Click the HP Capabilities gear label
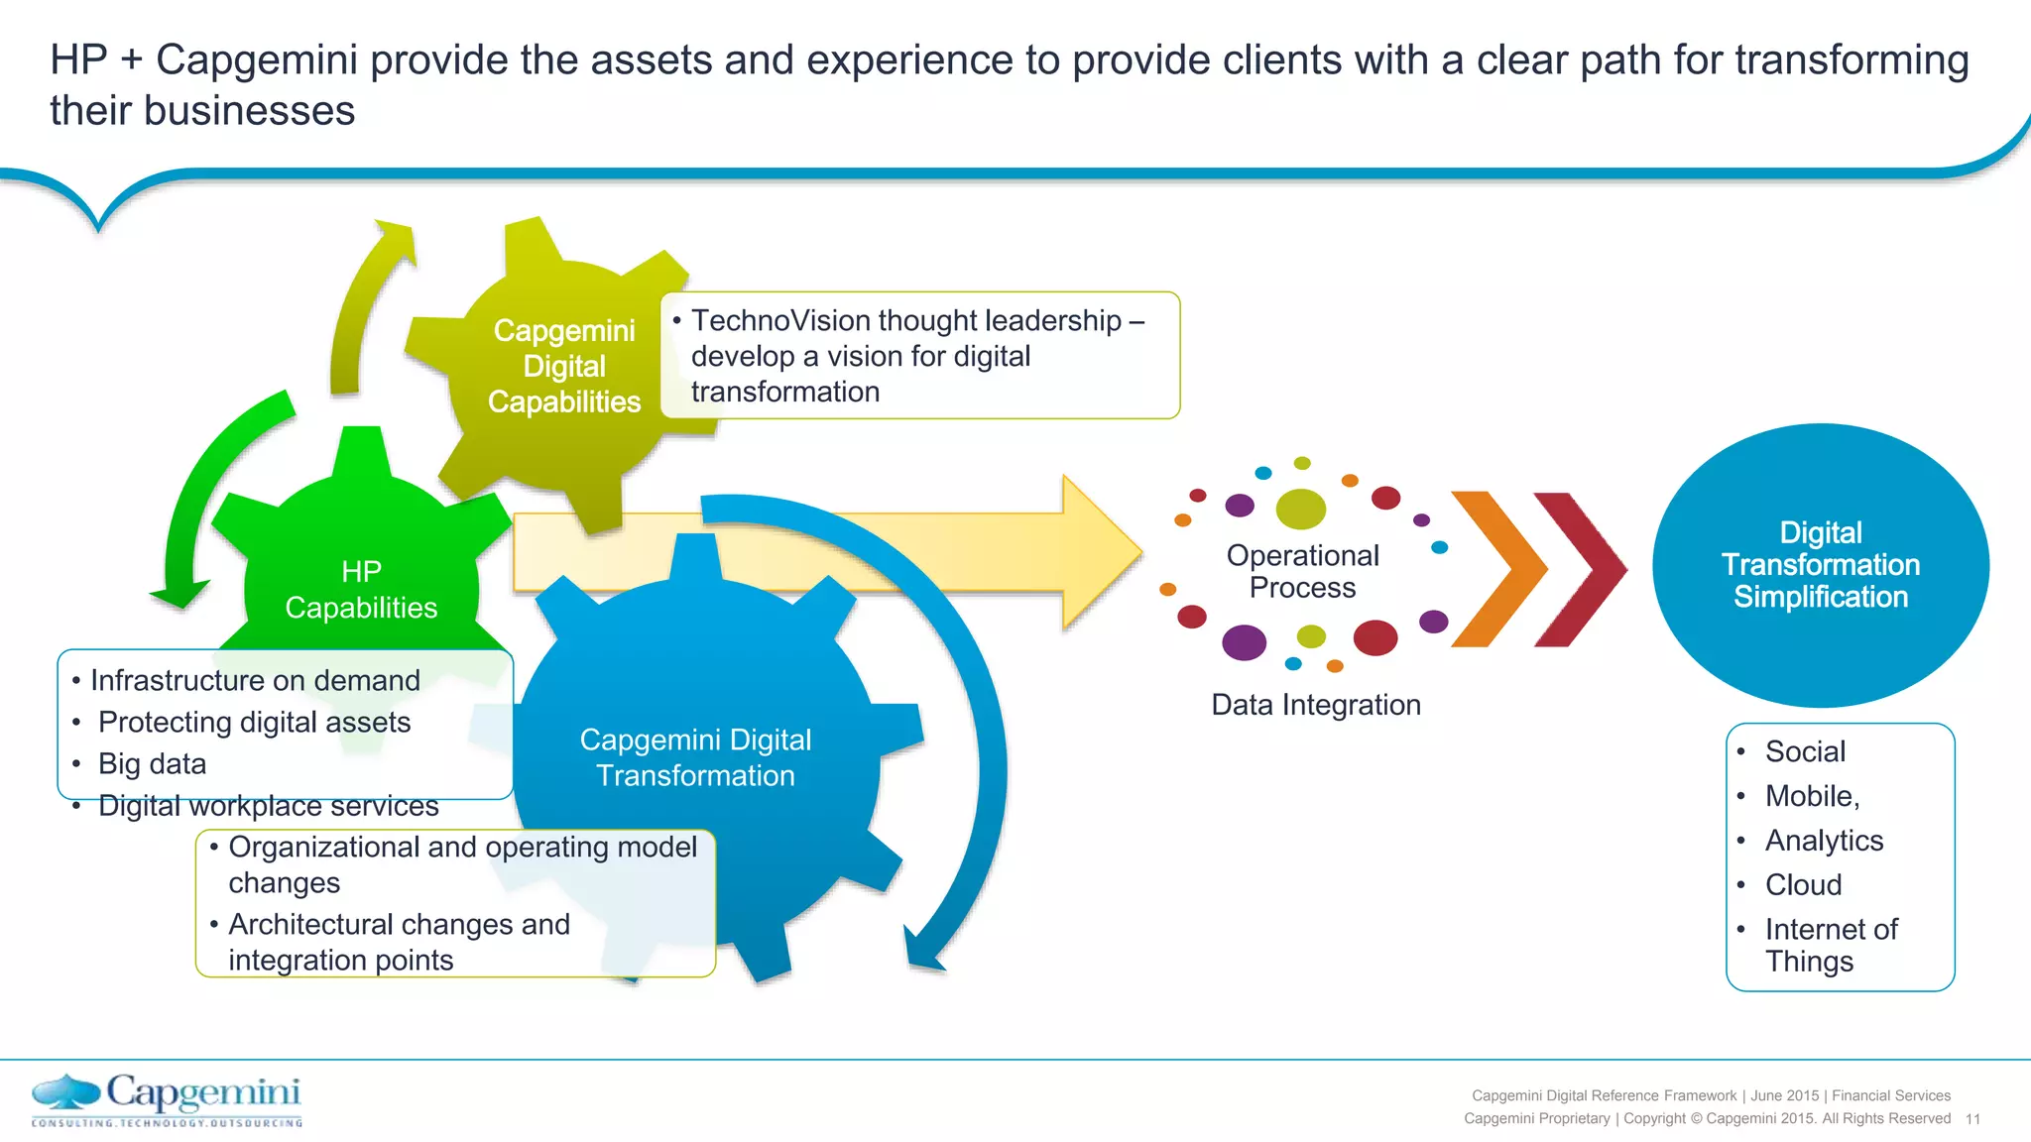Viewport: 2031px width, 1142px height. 361,590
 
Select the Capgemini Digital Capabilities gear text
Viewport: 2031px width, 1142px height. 564,366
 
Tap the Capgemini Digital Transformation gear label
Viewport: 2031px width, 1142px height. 695,757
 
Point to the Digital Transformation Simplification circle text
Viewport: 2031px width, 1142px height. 1820,565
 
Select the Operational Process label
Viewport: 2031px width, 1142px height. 1302,571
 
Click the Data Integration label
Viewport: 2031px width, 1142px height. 1316,705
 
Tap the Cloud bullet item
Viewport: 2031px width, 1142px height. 1803,884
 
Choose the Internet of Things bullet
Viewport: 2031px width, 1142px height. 1830,945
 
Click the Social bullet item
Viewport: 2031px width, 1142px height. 1805,751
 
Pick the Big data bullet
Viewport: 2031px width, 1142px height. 152,763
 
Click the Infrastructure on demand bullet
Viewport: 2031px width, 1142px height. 255,680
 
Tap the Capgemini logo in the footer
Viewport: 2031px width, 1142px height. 167,1100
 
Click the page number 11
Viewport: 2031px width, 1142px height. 1972,1119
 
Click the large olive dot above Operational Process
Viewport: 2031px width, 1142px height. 1300,509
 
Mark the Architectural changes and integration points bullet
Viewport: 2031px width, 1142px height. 399,942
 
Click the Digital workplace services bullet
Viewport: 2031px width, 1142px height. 268,806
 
